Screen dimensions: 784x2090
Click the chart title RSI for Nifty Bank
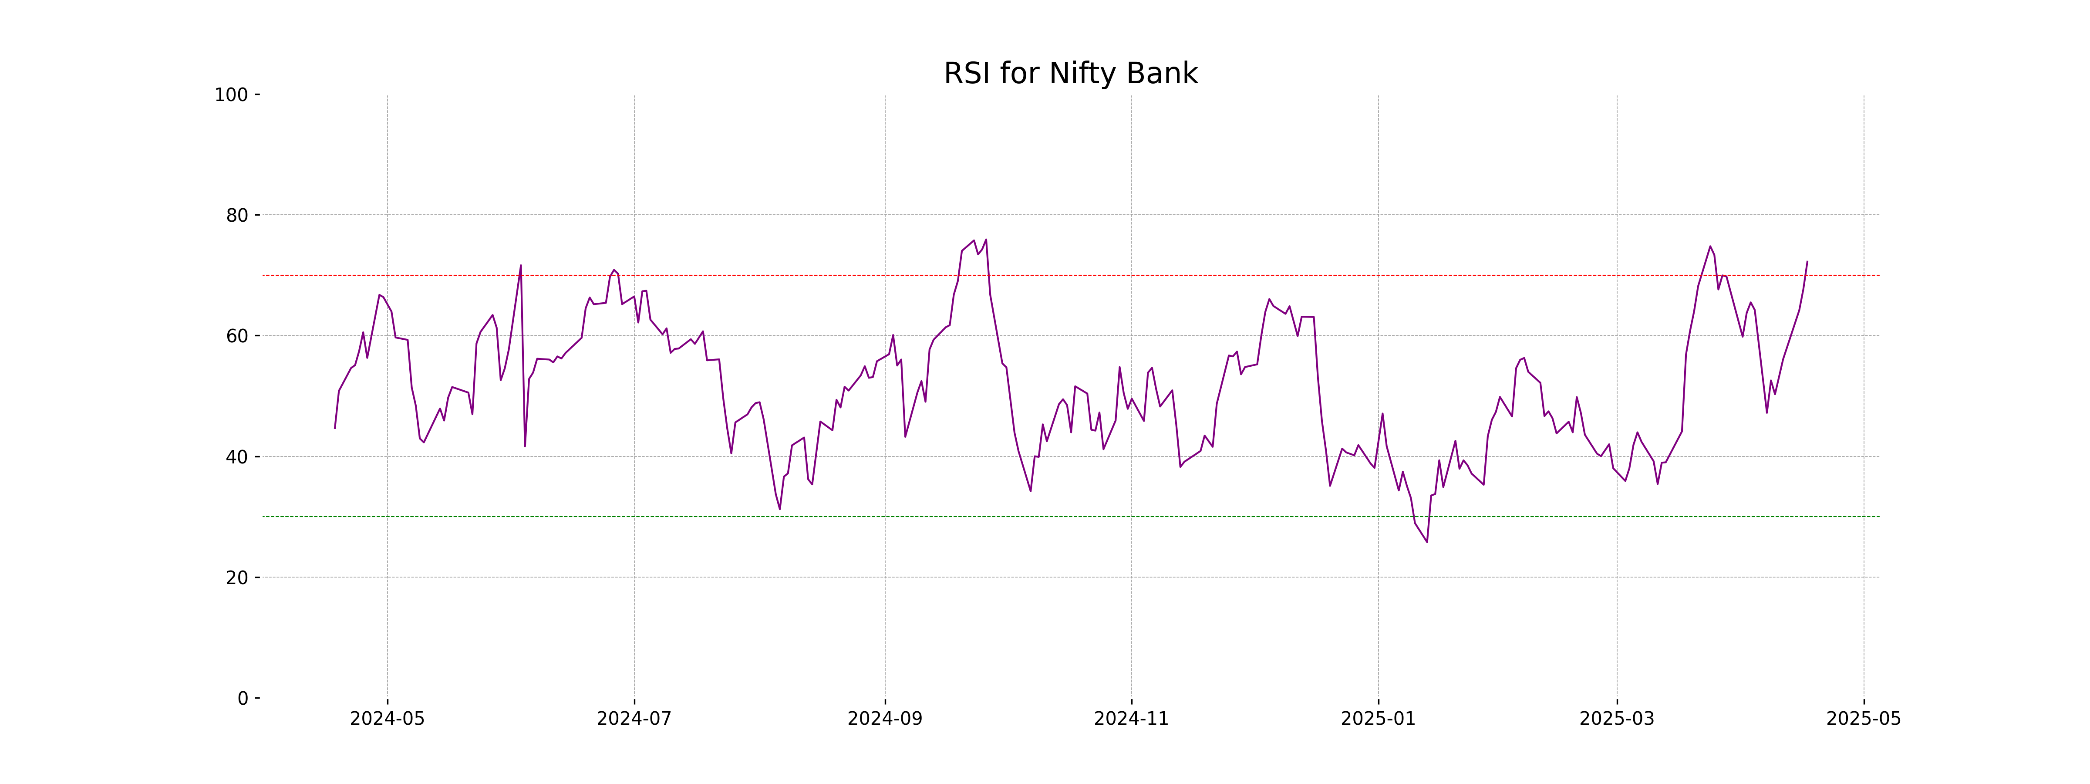[1070, 74]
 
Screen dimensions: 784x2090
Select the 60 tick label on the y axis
[237, 336]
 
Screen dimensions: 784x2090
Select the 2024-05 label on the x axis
[387, 719]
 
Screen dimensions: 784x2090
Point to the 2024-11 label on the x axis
[1131, 719]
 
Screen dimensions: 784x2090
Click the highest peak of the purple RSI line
[986, 240]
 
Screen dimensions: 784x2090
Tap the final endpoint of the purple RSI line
[1807, 261]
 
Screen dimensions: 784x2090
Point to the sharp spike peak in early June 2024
[521, 265]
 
